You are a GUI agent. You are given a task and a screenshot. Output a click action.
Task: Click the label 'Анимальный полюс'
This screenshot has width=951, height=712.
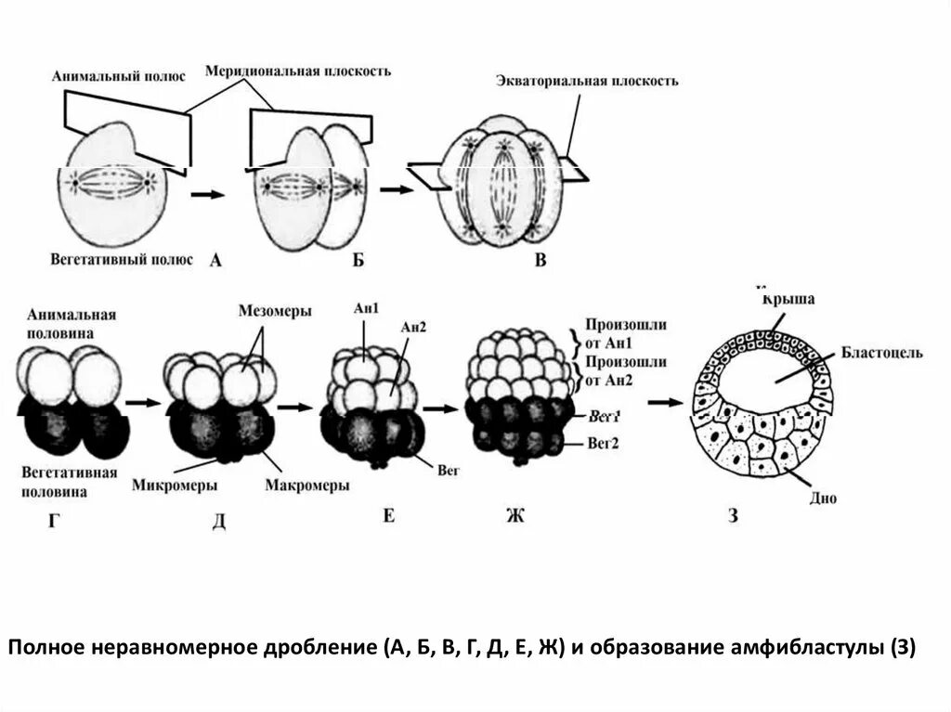(x=110, y=75)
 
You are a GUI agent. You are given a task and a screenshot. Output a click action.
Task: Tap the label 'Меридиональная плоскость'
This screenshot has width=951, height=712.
(x=298, y=71)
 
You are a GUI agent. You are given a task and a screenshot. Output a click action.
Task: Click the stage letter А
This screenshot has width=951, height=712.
(x=215, y=261)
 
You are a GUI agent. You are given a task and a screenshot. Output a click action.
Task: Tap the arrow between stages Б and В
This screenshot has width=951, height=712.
(x=397, y=188)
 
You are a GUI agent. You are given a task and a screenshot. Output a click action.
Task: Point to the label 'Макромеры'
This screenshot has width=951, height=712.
(x=306, y=485)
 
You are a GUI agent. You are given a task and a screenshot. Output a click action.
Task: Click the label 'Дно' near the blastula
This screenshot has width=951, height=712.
(x=824, y=498)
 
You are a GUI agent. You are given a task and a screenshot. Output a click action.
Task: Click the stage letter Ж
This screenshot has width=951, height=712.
(x=514, y=515)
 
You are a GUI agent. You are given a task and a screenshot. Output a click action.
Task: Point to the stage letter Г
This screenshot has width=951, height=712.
(x=57, y=519)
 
